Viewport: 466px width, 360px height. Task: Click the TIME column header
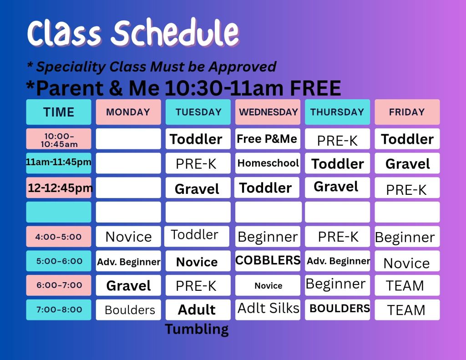click(59, 112)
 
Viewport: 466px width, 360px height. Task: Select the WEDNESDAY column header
click(268, 112)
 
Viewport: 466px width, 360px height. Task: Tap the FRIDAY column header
click(407, 112)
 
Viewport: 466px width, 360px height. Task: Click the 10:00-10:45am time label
click(59, 139)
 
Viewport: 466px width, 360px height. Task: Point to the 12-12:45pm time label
click(59, 188)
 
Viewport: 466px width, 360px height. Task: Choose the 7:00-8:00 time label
click(59, 309)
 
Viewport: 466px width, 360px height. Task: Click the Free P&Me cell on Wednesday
click(268, 139)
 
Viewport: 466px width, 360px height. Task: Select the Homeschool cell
click(268, 163)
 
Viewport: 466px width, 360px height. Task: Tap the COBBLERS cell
click(268, 261)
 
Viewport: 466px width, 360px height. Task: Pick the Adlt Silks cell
click(268, 309)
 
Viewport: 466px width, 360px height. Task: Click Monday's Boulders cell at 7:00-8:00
click(128, 309)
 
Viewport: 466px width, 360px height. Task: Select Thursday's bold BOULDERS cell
click(337, 309)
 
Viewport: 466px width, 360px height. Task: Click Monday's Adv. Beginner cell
click(128, 261)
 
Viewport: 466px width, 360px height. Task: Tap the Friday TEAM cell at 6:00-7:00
click(407, 285)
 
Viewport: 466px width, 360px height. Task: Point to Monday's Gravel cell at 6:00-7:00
click(128, 285)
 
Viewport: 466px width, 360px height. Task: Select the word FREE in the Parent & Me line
click(315, 88)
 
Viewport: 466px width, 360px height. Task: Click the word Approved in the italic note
click(243, 67)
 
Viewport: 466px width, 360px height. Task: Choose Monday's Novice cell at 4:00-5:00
click(128, 236)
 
